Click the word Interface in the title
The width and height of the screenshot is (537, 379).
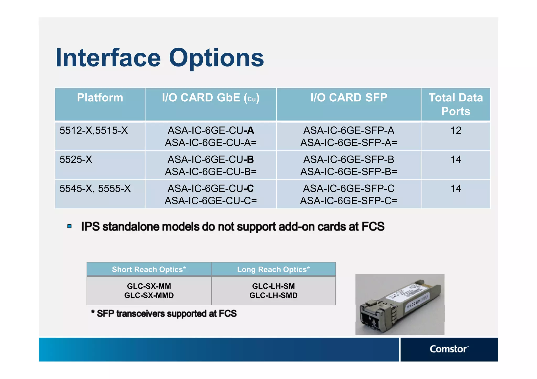point(108,58)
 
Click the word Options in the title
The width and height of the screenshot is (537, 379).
point(216,58)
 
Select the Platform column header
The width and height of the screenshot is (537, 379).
point(100,98)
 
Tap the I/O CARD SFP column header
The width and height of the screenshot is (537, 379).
point(348,98)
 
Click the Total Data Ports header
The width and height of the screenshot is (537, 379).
point(455,104)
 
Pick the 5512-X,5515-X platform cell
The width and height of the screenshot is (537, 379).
point(94,130)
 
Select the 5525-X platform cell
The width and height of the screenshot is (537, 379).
point(76,160)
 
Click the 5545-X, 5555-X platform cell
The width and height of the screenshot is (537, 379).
point(95,189)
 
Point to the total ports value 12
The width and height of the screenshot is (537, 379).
point(456,130)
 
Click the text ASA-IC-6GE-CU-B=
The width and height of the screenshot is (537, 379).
point(211,172)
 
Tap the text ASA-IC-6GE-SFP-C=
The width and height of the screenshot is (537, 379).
point(348,201)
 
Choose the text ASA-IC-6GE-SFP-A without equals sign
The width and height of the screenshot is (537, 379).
point(348,130)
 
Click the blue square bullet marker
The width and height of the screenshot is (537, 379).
point(69,226)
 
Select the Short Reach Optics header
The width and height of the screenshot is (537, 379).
point(149,270)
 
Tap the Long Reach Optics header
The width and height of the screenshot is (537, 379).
point(273,270)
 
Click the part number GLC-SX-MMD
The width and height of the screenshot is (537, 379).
point(149,295)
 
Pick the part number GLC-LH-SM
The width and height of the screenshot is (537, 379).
point(273,286)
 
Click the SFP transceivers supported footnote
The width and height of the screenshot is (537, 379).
point(164,314)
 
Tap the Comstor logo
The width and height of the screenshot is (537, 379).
point(449,349)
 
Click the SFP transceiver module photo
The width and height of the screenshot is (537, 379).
point(400,305)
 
